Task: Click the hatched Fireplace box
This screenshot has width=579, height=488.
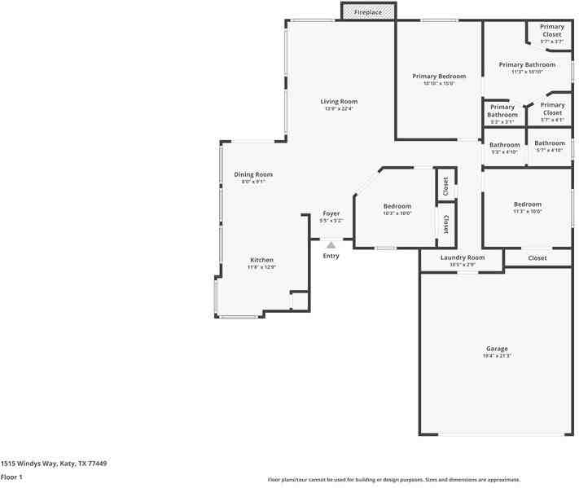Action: (x=368, y=12)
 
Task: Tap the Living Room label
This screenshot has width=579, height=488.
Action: (x=339, y=102)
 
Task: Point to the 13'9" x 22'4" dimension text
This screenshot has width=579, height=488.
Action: (x=339, y=109)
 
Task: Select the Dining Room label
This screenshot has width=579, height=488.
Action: (x=253, y=174)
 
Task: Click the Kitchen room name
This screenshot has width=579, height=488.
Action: (x=261, y=260)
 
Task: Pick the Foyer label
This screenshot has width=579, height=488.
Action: (x=331, y=213)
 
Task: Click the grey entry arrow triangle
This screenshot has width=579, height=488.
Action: (x=331, y=244)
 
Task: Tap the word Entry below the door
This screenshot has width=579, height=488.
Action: (x=331, y=256)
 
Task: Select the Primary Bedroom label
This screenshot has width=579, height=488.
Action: (x=439, y=76)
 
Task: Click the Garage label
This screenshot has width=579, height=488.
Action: (x=497, y=348)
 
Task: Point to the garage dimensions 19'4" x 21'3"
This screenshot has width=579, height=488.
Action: (x=497, y=355)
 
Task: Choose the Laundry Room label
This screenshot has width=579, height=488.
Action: (x=462, y=257)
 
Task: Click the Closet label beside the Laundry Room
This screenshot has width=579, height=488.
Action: (x=537, y=258)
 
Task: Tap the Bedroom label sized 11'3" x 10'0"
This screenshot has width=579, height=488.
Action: (x=527, y=204)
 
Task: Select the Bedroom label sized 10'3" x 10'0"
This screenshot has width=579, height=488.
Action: (x=397, y=206)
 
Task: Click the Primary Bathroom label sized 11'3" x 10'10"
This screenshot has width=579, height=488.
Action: (x=527, y=65)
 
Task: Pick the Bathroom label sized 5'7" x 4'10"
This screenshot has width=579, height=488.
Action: (x=550, y=143)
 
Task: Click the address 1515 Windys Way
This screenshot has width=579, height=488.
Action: (x=53, y=463)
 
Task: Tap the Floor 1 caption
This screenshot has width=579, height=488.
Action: (x=11, y=477)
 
